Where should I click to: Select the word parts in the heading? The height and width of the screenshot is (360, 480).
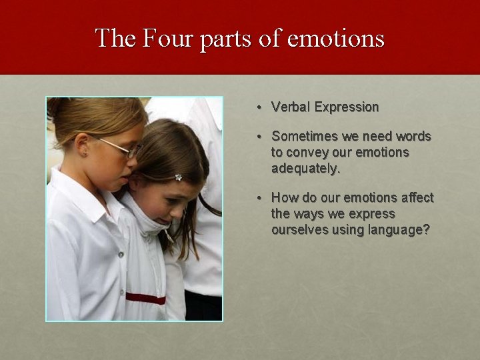[223, 39]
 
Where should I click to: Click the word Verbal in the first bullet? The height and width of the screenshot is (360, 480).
[291, 107]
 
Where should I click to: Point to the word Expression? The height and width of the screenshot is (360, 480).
[347, 107]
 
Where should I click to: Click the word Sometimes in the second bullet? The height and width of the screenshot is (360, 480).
[305, 137]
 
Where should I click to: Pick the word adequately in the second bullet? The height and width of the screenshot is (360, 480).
[305, 169]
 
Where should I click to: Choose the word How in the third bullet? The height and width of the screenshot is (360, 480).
[283, 198]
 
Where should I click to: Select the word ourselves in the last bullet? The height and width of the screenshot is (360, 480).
[299, 230]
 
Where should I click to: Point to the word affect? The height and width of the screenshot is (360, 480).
[416, 198]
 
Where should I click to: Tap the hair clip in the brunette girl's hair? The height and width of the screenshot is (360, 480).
[178, 177]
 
